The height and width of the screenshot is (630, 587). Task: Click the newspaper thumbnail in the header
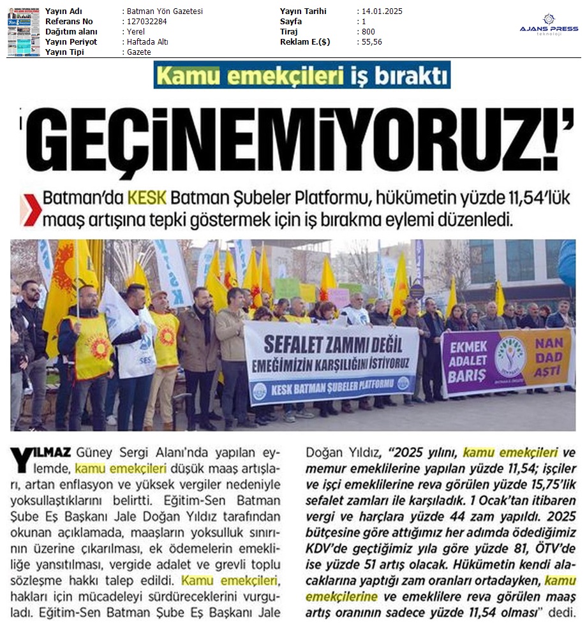click(24, 32)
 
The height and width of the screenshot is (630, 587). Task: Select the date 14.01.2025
click(381, 11)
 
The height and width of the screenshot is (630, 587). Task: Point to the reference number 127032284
click(144, 22)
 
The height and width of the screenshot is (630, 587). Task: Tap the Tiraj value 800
click(368, 32)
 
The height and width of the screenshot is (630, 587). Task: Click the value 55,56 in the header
click(371, 42)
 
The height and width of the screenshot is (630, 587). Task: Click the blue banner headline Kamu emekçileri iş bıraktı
click(302, 75)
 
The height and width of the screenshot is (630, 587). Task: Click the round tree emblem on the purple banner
click(509, 356)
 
